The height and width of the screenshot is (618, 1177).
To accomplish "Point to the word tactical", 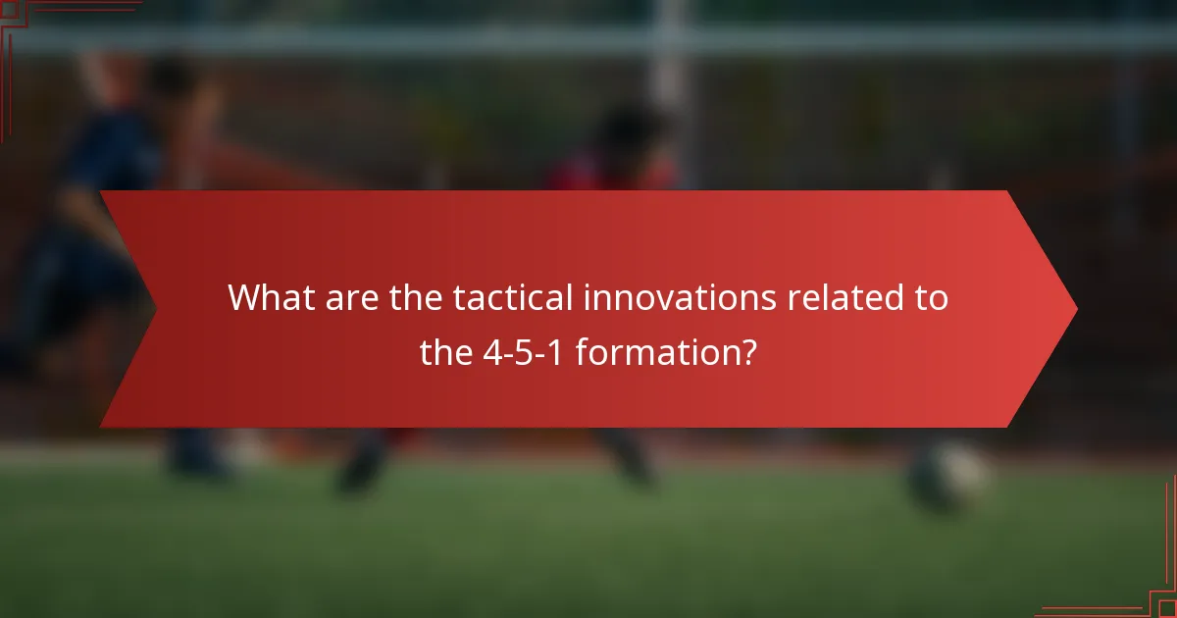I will (514, 297).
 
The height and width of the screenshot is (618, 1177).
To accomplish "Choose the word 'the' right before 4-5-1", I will (447, 350).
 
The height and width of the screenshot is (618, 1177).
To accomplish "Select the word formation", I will (653, 350).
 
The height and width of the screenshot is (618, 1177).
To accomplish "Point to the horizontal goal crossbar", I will (588, 39).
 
